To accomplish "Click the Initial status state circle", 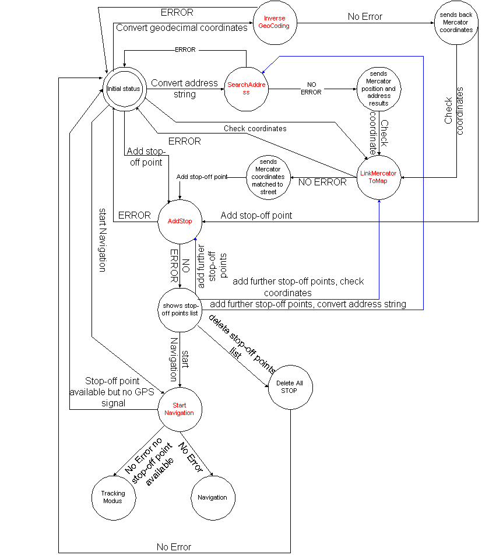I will pyautogui.click(x=124, y=89).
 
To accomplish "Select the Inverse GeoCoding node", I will pyautogui.click(x=273, y=22).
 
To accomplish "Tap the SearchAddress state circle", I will pyautogui.click(x=246, y=89).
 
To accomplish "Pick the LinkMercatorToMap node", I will pyautogui.click(x=378, y=177).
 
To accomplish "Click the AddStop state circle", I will pyautogui.click(x=180, y=222).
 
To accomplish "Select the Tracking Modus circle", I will pyautogui.click(x=113, y=497).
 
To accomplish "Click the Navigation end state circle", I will pyautogui.click(x=212, y=497).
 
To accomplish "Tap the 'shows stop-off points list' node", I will pyautogui.click(x=180, y=310).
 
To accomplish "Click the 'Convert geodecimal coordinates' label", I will pyautogui.click(x=181, y=27).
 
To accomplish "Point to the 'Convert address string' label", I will pyautogui.click(x=184, y=89).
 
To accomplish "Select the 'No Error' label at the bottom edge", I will pyautogui.click(x=174, y=547).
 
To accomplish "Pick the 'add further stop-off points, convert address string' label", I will pyautogui.click(x=308, y=304).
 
